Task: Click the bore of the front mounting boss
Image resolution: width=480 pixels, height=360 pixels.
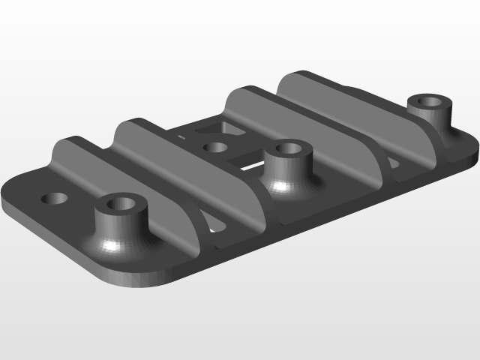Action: coord(120,203)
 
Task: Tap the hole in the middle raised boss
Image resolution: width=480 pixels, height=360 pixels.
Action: coord(287,148)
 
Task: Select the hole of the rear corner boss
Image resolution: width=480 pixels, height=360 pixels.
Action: coord(431,101)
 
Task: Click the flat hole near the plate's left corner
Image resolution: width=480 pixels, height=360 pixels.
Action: coord(55,199)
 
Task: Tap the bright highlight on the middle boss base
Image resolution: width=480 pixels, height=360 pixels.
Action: coord(282,185)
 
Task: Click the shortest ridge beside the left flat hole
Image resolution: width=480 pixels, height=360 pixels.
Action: coord(79,161)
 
